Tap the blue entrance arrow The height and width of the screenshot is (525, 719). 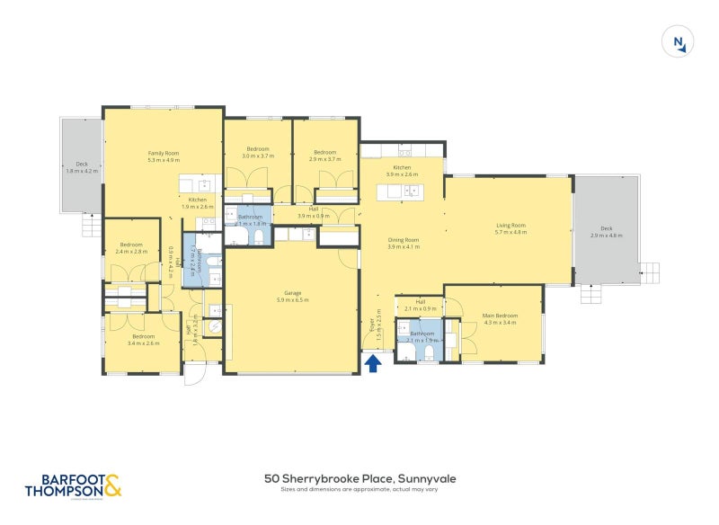pos(374,362)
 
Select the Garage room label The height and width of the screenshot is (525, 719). pos(292,297)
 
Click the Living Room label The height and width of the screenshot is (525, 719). pos(510,228)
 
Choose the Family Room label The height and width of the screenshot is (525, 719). pos(164,156)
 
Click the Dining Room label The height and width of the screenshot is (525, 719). pos(404,243)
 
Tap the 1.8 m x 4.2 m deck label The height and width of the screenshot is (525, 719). pos(82,167)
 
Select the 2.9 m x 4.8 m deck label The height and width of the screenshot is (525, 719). pos(607,232)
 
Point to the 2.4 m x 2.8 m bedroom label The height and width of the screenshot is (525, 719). pos(131,247)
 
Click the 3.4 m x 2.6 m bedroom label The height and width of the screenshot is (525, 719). pos(144,340)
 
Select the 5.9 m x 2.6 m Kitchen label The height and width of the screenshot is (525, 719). pos(402,171)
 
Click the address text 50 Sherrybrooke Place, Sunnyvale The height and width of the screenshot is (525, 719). pos(359,479)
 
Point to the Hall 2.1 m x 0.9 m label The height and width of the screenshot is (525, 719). pos(421,305)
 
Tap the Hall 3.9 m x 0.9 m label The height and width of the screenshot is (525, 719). pos(314,212)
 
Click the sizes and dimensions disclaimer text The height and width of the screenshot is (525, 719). pos(359,491)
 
